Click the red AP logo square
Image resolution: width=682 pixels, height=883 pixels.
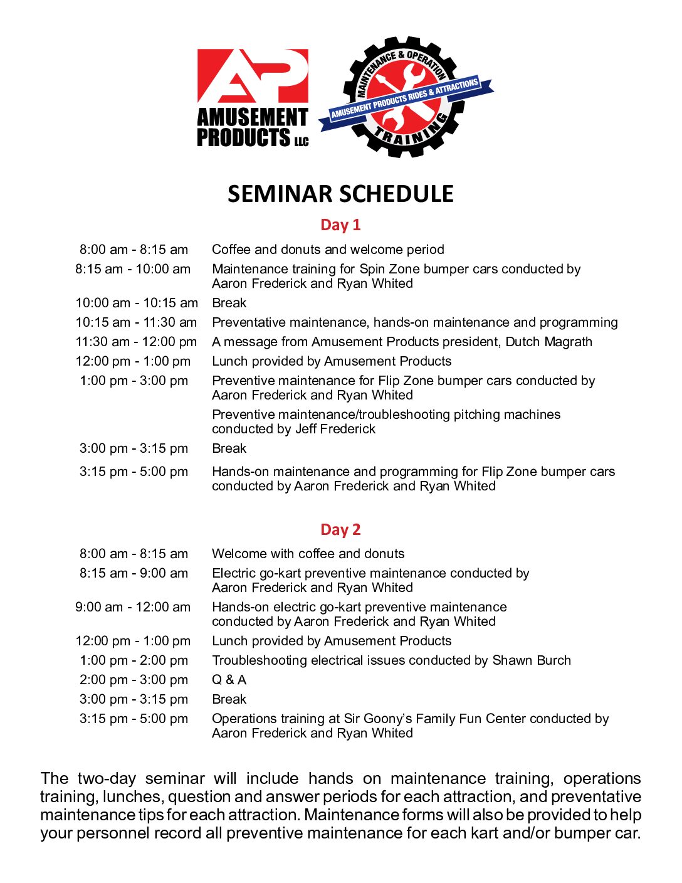253,76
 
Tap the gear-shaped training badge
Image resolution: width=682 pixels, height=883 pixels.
406,97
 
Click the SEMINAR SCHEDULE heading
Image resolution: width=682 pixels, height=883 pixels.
340,194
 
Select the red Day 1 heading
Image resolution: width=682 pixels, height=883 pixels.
340,225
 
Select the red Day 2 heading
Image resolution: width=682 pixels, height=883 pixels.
340,529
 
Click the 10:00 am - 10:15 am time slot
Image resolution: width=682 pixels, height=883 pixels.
137,303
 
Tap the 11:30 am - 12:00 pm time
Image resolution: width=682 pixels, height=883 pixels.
136,342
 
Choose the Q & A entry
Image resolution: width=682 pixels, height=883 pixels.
229,680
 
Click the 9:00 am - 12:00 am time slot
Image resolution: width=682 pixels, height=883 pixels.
133,607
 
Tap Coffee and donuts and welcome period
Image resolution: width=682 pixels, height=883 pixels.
328,250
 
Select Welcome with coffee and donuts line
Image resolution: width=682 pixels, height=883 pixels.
308,554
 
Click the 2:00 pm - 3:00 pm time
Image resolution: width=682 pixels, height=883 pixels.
134,680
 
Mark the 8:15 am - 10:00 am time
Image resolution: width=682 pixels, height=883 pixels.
133,269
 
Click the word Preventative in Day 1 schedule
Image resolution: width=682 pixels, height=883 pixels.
248,322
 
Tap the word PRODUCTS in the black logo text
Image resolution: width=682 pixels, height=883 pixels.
243,137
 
